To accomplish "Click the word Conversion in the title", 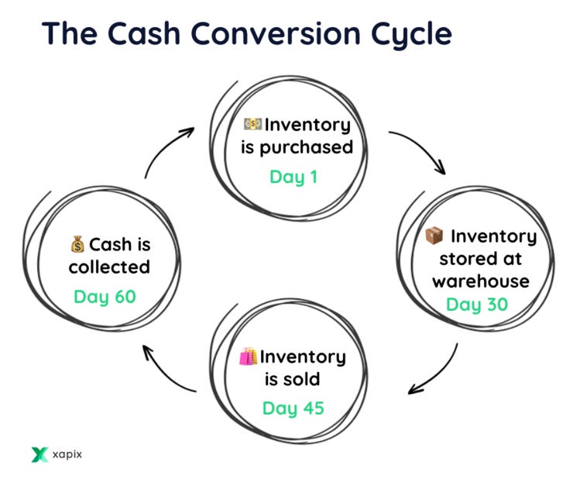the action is pyautogui.click(x=276, y=33).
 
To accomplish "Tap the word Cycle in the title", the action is pyautogui.click(x=411, y=36).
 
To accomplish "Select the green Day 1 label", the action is pyautogui.click(x=293, y=177).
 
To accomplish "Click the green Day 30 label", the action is pyautogui.click(x=477, y=305).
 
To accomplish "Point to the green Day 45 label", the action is pyautogui.click(x=293, y=408).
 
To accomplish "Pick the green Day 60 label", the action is pyautogui.click(x=105, y=297).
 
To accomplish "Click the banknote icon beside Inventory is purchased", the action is pyautogui.click(x=252, y=124).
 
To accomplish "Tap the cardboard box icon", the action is pyautogui.click(x=434, y=236).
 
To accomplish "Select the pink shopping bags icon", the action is pyautogui.click(x=248, y=356).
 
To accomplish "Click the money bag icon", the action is pyautogui.click(x=77, y=244).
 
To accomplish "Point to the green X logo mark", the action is pyautogui.click(x=39, y=454).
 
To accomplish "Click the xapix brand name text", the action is pyautogui.click(x=67, y=454).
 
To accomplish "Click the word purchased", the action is pyautogui.click(x=306, y=148).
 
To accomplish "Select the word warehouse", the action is pyautogui.click(x=481, y=282).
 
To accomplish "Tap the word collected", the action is pyautogui.click(x=109, y=267).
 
